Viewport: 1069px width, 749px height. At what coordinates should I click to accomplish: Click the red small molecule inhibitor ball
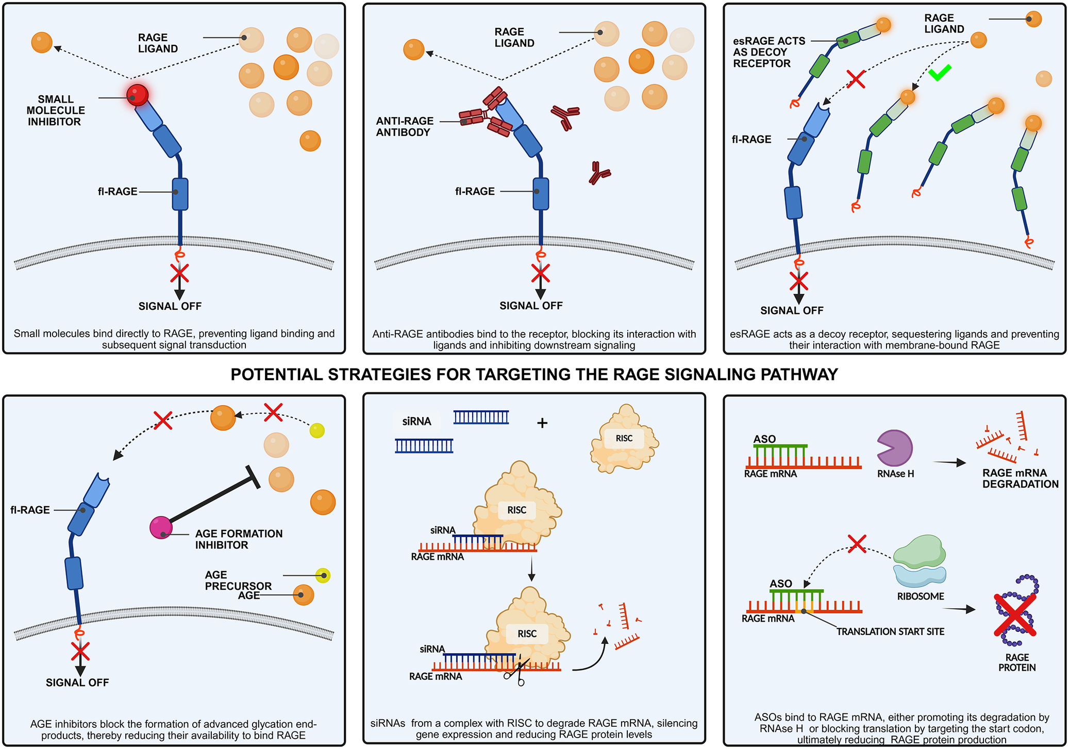pos(138,95)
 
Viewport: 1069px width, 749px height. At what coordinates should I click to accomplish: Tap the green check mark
pos(940,73)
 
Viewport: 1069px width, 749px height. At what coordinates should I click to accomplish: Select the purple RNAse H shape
pos(894,448)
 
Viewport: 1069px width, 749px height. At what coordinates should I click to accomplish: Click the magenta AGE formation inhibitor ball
pos(161,527)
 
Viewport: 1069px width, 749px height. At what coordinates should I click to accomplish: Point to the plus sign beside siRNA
pos(542,423)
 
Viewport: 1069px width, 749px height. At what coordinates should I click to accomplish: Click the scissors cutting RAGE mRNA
pos(515,671)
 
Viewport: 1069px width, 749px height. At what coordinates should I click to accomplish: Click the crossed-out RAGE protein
pos(1016,611)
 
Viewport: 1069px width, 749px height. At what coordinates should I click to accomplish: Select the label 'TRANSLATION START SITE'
pos(890,631)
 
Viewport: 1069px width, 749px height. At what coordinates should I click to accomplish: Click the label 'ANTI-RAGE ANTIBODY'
pos(405,127)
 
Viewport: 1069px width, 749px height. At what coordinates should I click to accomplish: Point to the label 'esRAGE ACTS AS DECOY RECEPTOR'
pos(769,52)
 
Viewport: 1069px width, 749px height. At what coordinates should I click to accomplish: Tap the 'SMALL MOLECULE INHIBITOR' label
pos(56,110)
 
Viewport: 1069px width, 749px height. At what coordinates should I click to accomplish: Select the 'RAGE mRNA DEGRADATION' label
pos(1020,478)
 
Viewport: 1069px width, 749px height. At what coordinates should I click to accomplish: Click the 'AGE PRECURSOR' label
pos(238,580)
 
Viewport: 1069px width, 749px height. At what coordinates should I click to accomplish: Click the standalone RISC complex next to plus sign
pos(624,439)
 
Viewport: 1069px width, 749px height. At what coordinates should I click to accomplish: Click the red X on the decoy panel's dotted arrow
pos(856,79)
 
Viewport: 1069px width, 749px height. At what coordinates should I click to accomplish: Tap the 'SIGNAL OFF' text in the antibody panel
pos(531,306)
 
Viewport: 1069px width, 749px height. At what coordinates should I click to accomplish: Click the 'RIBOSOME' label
pos(921,596)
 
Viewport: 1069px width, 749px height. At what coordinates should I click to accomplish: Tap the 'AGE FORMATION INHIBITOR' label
pos(239,539)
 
